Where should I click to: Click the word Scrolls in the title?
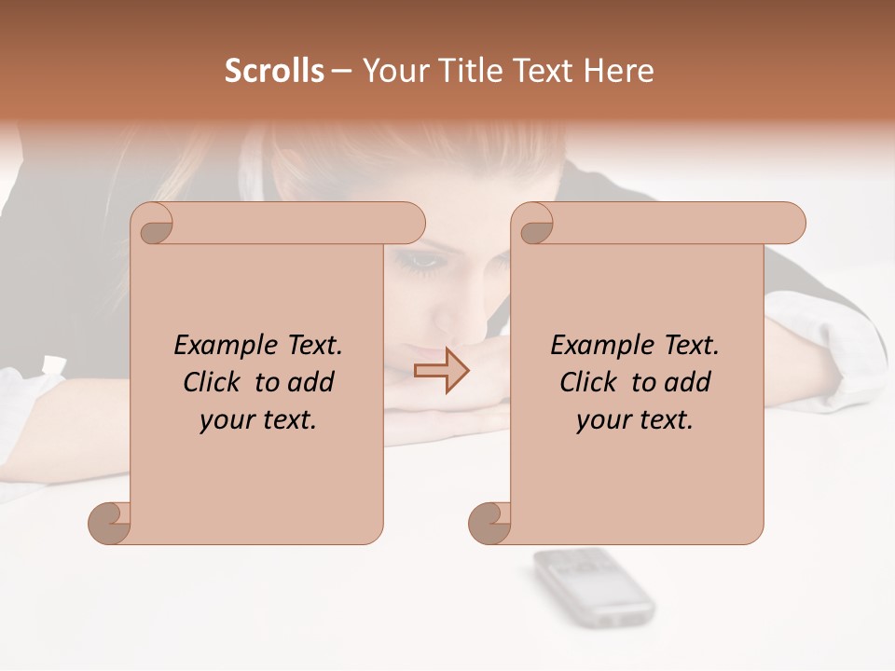click(274, 70)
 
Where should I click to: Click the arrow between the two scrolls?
click(442, 370)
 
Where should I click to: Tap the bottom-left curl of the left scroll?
click(110, 523)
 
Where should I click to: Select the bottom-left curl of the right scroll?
click(490, 523)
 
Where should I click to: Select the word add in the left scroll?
click(311, 382)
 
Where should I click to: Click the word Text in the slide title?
click(542, 70)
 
